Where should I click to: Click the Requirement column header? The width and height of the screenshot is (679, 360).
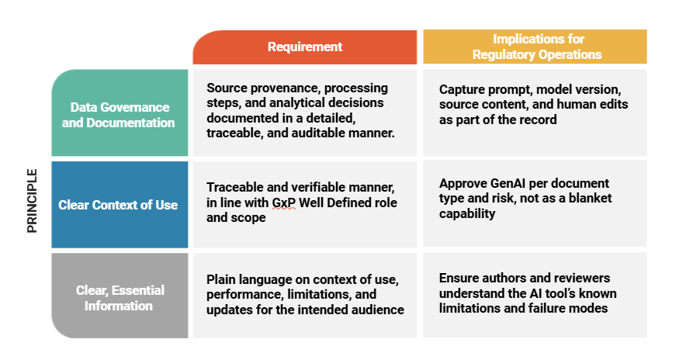[305, 47]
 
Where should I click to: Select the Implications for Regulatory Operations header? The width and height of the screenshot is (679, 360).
[537, 47]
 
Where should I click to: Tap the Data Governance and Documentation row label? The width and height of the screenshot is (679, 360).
[118, 115]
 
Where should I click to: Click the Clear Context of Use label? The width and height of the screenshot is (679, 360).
[118, 205]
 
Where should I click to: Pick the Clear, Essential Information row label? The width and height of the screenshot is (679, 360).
[120, 298]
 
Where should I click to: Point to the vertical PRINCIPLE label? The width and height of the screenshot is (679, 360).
[32, 201]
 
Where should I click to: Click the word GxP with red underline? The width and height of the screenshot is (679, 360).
[284, 202]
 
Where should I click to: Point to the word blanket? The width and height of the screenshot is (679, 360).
[592, 199]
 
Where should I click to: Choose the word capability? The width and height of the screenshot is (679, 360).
[467, 214]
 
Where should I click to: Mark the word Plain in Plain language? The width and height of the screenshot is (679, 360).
[221, 280]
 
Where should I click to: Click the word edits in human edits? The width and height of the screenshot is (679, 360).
[612, 105]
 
